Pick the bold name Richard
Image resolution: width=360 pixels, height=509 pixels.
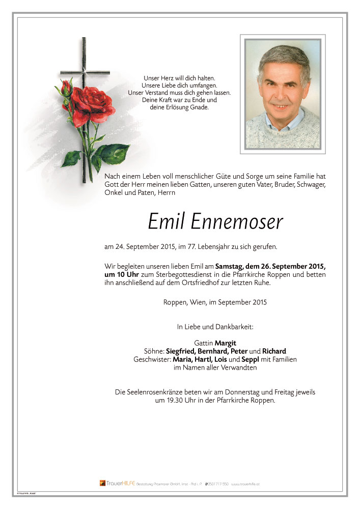[274, 351]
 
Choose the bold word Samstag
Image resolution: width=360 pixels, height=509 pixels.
[230, 266]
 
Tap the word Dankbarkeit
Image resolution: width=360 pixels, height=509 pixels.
[235, 326]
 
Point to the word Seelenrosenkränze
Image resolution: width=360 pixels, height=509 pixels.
[157, 392]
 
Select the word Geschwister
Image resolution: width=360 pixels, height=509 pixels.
[152, 359]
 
